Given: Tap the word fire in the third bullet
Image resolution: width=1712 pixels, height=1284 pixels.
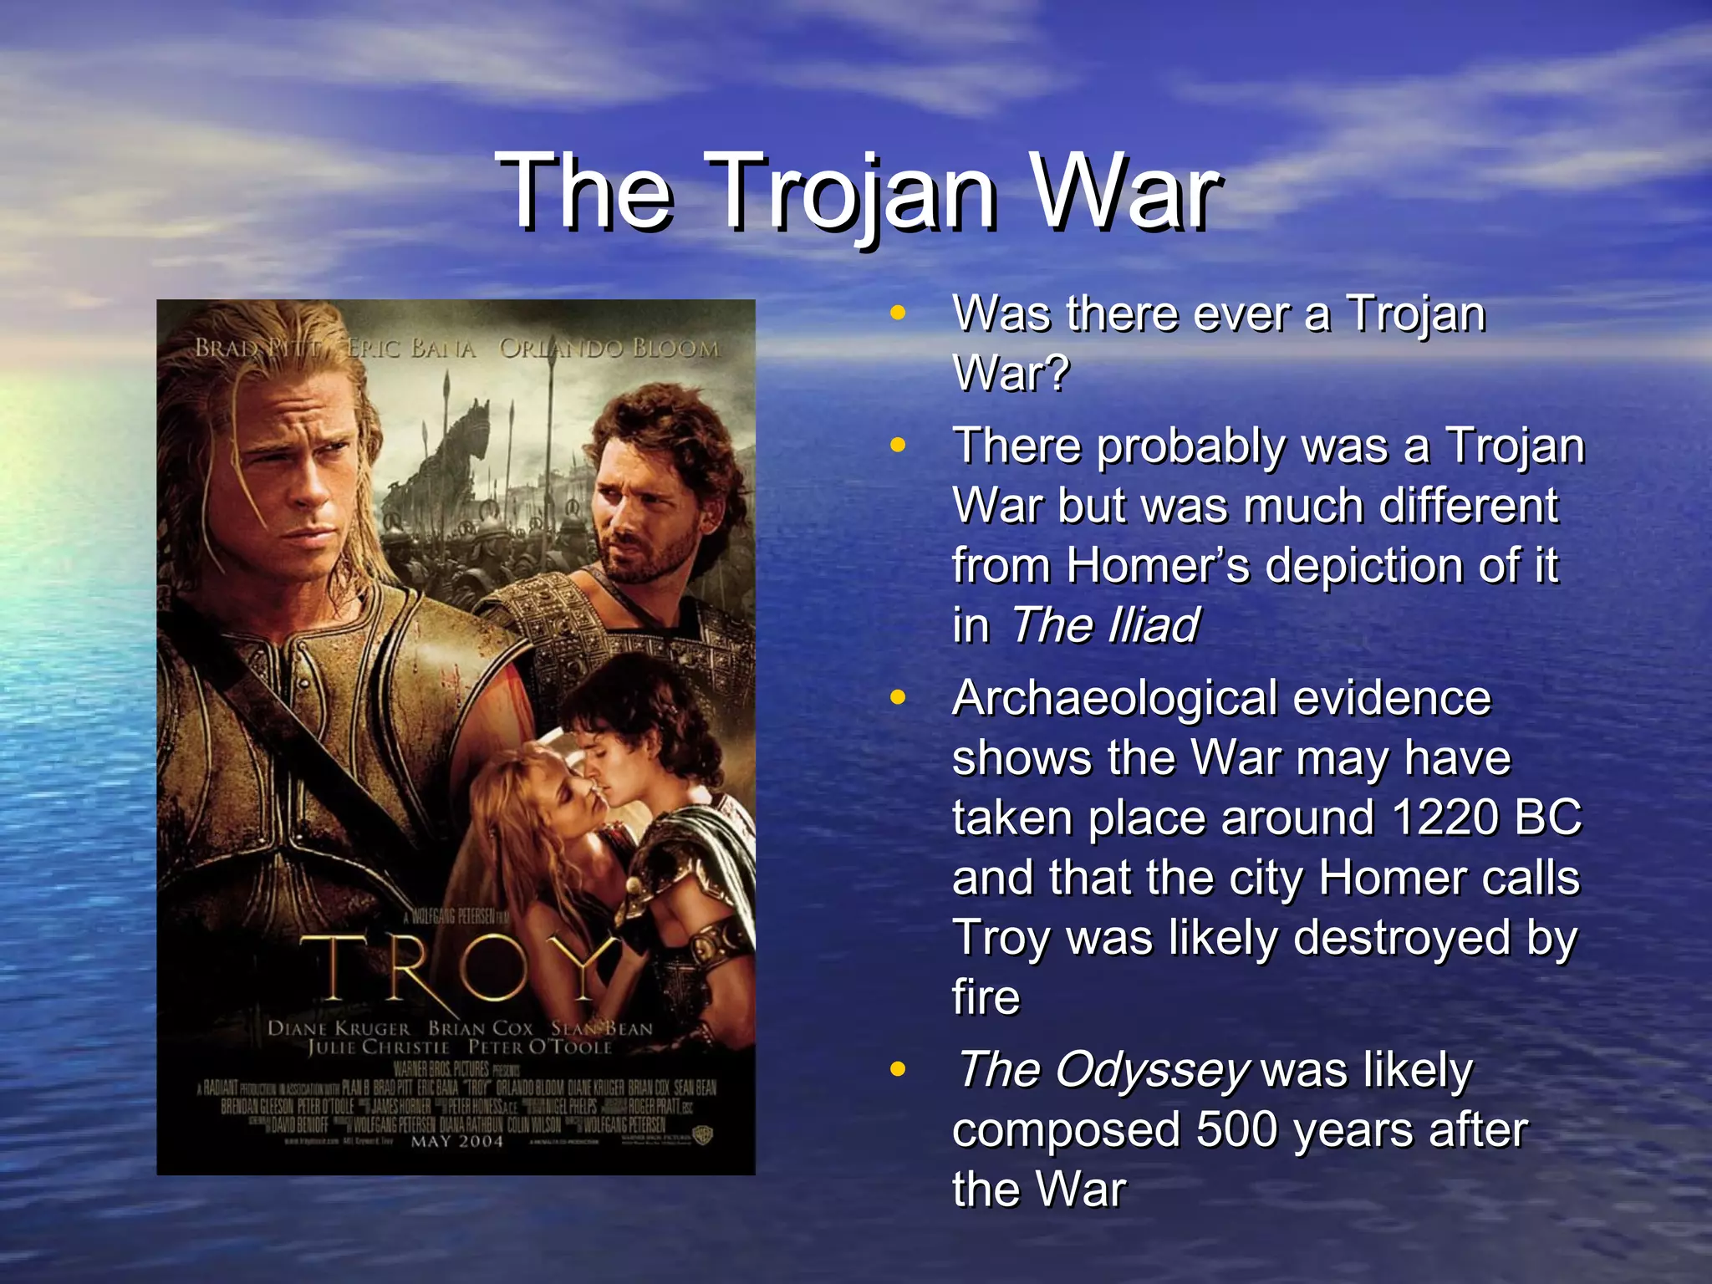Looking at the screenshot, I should tap(986, 998).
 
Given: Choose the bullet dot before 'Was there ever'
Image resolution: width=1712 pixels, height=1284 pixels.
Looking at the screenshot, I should tap(898, 313).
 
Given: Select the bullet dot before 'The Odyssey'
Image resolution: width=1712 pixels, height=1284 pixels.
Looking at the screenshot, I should tap(898, 1069).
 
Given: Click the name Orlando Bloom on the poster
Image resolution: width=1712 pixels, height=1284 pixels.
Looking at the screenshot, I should tap(609, 349).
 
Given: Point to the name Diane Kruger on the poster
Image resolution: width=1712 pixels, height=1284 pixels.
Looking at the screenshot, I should tap(339, 1029).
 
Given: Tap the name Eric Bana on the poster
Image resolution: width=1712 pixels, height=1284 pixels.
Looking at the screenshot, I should tap(411, 349).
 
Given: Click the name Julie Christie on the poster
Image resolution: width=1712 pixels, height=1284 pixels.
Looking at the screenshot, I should tap(379, 1047).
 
